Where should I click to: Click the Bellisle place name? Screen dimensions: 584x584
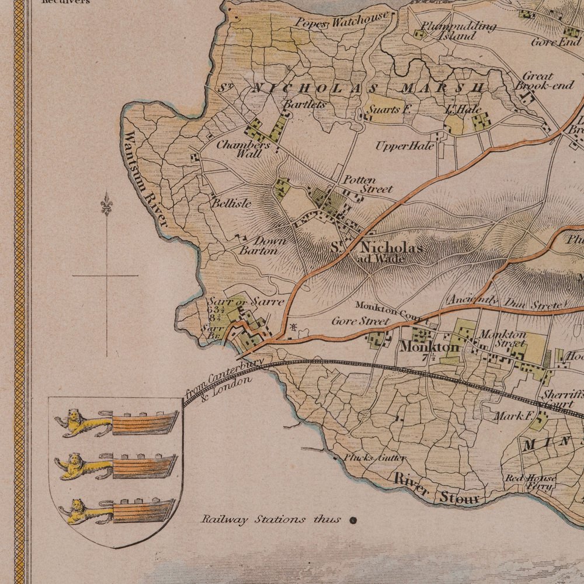pos(231,204)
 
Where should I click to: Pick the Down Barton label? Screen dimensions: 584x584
pos(262,246)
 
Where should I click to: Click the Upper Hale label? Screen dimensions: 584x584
pos(405,146)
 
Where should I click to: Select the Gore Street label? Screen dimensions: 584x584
pos(360,321)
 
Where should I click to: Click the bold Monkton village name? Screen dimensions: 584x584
pos(429,346)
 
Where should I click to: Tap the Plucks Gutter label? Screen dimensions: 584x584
pos(374,458)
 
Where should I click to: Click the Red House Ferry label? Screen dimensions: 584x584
pos(530,482)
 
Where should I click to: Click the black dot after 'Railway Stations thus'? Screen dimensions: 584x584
pos(353,519)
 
